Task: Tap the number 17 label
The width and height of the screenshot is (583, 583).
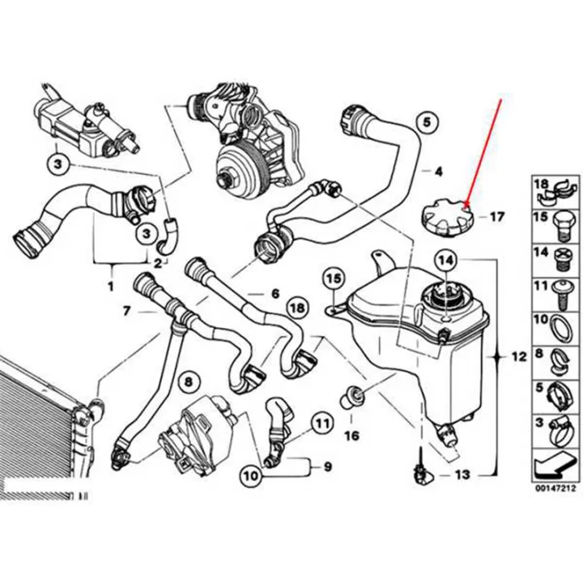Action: point(496,217)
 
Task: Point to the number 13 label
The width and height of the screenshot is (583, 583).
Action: point(462,474)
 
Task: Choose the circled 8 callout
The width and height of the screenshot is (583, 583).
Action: point(188,381)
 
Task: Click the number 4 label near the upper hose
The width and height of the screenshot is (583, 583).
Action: point(438,171)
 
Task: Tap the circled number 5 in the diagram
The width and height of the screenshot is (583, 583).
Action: point(430,123)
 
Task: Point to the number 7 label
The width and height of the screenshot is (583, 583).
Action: point(126,310)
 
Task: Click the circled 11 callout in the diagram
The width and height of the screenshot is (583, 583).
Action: point(322,423)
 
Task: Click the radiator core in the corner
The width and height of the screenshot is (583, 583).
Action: point(40,421)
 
